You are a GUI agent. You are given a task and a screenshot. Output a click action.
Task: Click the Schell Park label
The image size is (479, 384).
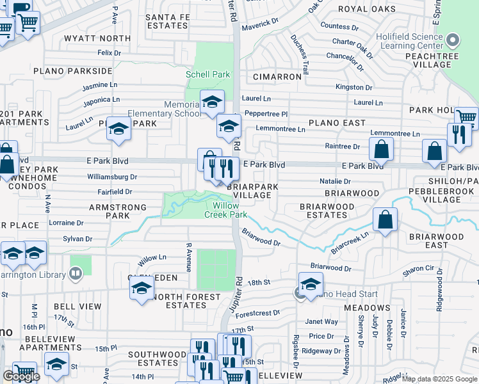point(207,74)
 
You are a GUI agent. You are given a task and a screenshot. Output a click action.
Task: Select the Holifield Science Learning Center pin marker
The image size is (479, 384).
point(453,41)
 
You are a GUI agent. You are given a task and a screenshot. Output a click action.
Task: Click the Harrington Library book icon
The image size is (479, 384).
point(76,275)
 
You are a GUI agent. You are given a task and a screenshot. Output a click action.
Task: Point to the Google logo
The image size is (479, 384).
point(20,376)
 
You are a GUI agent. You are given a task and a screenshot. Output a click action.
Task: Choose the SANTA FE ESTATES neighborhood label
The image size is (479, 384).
point(166,21)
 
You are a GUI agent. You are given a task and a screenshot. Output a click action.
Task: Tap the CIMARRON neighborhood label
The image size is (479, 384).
point(277,76)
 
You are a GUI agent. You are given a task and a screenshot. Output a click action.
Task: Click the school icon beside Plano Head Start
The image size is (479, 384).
point(311,284)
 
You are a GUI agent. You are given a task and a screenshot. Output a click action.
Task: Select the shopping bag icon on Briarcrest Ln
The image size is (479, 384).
point(386,220)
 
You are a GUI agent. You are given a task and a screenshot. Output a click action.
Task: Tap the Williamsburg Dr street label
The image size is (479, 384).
point(112,177)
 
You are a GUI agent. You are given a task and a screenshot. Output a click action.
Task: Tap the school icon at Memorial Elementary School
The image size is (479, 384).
point(211,102)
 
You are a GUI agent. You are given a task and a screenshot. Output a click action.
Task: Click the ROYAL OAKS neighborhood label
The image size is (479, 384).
point(367,9)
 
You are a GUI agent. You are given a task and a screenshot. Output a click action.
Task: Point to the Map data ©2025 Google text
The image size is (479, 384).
point(439,379)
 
